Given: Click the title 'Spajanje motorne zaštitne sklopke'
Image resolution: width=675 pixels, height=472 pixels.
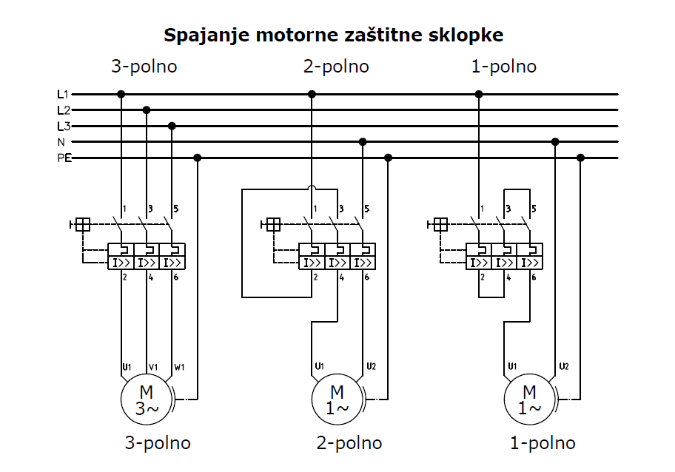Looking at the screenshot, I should tap(334, 36).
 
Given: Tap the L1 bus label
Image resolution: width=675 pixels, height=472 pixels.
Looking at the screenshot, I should tap(63, 95).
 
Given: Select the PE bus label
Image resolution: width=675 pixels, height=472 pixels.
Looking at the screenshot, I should tap(63, 158).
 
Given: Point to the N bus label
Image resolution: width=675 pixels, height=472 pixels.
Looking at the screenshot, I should tap(62, 141).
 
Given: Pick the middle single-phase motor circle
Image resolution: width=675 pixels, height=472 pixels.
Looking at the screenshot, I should tap(337, 400).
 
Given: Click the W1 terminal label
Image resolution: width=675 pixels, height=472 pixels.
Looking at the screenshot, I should tap(179, 366).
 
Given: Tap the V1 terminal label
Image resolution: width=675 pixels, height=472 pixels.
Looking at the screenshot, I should tap(153, 366).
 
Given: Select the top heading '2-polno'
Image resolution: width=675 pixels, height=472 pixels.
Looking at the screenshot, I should tap(336, 67).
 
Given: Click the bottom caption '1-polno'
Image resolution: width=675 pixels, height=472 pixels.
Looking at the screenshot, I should tap(543, 443).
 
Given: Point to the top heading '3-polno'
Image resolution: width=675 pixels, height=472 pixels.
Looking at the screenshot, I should tap(144, 67).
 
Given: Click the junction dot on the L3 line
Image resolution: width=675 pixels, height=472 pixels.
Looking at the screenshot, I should tap(172, 126).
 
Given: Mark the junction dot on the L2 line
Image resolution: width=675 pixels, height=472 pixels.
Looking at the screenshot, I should tap(147, 110).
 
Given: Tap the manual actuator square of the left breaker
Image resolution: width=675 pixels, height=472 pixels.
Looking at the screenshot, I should tap(83, 224).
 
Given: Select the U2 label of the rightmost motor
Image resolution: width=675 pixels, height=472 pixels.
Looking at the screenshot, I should tap(564, 366).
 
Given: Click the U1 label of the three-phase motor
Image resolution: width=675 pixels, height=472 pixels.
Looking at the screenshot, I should tap(127, 366).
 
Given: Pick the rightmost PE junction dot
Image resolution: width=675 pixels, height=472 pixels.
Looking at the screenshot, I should tap(580, 158).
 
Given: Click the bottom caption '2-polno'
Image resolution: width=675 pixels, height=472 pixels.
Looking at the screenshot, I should tap(349, 443).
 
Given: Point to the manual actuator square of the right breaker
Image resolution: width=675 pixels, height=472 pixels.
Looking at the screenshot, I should tap(441, 224).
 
